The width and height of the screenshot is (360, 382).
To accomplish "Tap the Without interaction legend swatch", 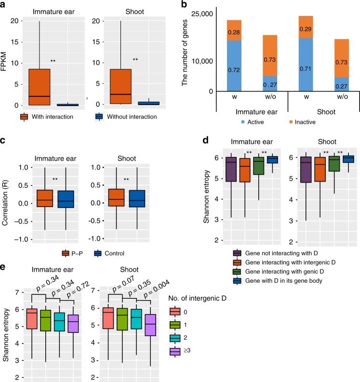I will point(99,117).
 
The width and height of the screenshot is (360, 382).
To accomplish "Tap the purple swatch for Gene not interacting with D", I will point(237,253).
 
